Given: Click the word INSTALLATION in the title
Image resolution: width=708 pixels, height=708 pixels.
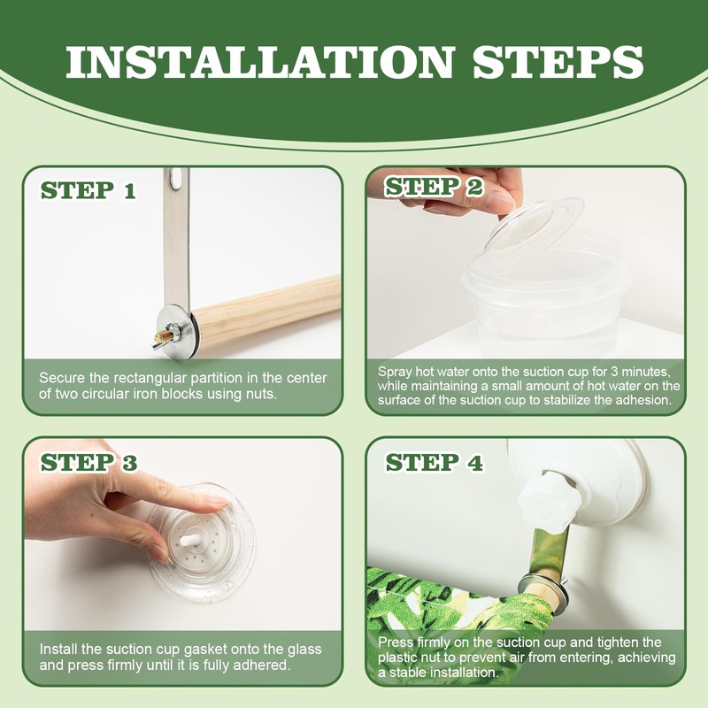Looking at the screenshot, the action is (259, 62).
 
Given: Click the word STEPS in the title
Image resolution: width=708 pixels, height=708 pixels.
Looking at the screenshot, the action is (558, 62).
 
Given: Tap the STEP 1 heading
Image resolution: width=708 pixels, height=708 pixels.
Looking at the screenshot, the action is (88, 190).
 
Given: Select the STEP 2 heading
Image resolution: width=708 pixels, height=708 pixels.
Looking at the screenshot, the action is (434, 187).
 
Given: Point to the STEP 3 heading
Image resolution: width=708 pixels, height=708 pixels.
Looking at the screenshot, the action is (88, 462).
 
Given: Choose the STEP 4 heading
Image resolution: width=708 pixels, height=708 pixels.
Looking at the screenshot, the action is (434, 463).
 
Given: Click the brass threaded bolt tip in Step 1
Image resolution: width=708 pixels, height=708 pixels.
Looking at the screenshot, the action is (164, 336).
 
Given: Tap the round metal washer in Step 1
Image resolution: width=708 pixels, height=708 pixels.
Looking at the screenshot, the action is (177, 330).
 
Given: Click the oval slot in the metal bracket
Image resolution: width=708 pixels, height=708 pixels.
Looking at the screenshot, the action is (175, 179).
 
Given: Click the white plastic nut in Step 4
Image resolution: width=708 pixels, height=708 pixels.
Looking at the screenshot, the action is (544, 498).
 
